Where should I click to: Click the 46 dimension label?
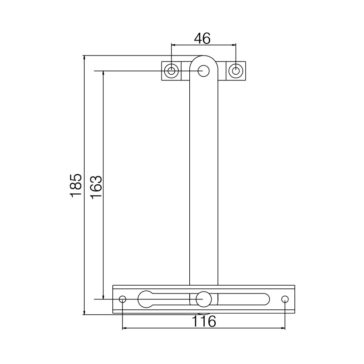[202, 39]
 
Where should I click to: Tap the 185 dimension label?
[76, 185]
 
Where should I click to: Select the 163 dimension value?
[96, 187]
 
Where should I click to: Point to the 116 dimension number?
[204, 322]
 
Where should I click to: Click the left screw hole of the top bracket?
[172, 71]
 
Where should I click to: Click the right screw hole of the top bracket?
[235, 71]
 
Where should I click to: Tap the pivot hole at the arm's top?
[203, 71]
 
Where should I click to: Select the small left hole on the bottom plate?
[122, 299]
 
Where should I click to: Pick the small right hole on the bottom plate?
[285, 299]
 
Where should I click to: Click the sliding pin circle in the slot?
[203, 299]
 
